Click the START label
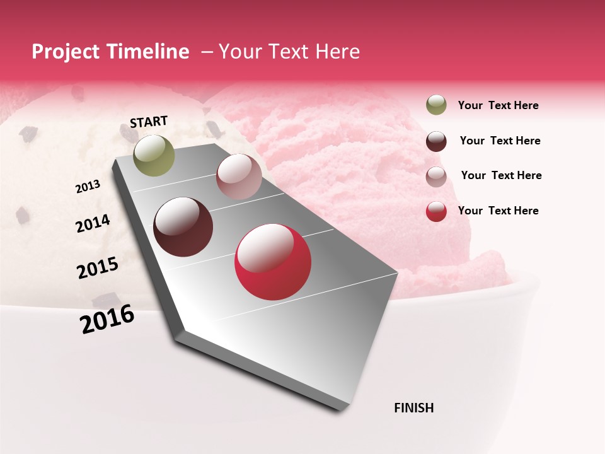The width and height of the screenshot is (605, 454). pos(149,122)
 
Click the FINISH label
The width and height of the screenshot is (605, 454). pos(413,408)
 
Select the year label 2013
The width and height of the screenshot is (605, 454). pos(88,187)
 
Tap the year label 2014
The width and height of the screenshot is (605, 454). pos(93,224)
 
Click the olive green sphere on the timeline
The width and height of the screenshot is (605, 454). pos(154,156)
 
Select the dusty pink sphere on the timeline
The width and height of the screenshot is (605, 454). pos(239,177)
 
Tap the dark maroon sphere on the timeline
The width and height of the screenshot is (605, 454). pos(183,227)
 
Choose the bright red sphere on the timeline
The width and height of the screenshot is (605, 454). pos(273,262)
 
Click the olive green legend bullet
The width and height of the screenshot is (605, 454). pos(436,105)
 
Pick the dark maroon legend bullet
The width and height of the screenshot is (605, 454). pos(436,141)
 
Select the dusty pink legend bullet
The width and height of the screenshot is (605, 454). pos(436,176)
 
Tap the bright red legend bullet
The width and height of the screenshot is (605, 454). pos(436,211)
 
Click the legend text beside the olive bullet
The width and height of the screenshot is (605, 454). pos(498,105)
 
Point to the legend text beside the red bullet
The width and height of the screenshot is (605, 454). pos(498,211)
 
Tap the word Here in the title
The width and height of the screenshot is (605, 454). pos(337,52)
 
